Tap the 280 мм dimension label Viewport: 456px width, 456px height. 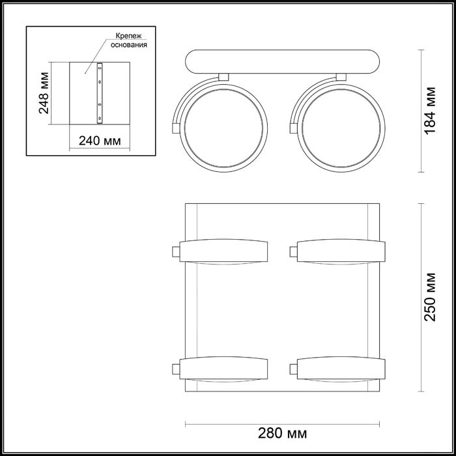click(x=282, y=432)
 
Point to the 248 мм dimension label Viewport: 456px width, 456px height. click(x=44, y=94)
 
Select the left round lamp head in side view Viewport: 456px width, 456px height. click(x=223, y=122)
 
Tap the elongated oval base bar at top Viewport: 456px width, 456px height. click(x=282, y=62)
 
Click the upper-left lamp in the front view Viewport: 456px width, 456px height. click(x=224, y=251)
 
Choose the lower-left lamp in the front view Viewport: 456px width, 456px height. click(x=224, y=369)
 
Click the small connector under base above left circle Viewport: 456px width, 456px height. click(x=223, y=78)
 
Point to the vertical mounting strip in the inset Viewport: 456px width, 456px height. click(x=100, y=93)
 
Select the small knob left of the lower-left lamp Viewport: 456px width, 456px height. click(x=175, y=369)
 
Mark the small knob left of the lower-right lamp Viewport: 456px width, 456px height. click(x=291, y=369)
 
